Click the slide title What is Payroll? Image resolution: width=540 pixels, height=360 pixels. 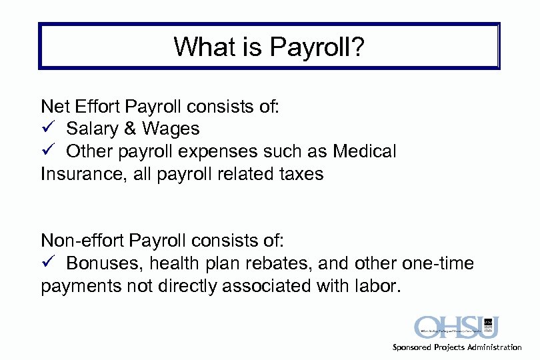pos(269,47)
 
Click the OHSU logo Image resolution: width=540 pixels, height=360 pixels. pos(457,327)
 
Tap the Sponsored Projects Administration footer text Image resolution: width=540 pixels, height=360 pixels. pos(457,347)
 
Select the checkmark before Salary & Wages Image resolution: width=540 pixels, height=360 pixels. pos(46,128)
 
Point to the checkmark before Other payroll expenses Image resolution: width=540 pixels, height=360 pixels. pos(46,151)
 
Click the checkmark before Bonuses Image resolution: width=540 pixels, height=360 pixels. pos(46,263)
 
